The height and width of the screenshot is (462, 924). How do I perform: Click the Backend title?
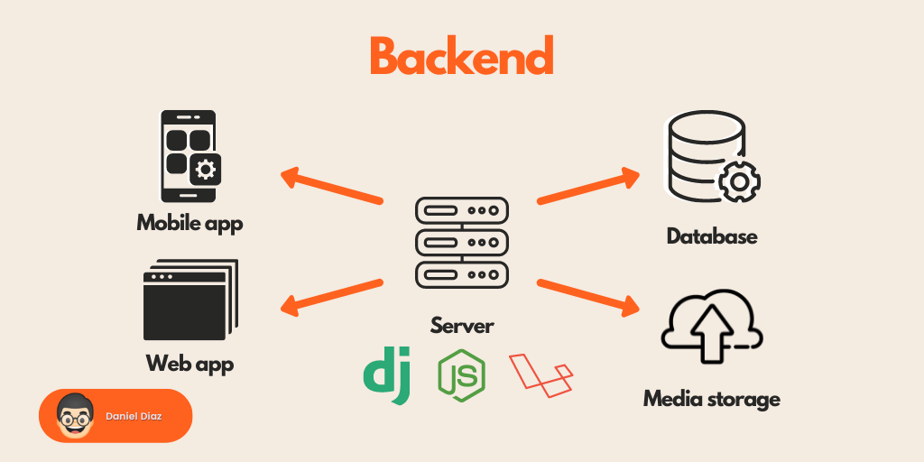[461, 57]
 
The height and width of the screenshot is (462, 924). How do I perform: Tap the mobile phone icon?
[189, 156]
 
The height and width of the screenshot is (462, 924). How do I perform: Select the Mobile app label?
[189, 222]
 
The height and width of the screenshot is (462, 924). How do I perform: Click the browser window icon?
[189, 300]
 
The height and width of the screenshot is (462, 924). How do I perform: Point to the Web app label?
[189, 365]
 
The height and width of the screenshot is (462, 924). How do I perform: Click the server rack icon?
[462, 242]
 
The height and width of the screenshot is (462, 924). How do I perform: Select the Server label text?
[462, 326]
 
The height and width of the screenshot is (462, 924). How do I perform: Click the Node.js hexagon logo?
[461, 374]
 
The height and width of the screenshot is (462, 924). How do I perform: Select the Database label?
[712, 236]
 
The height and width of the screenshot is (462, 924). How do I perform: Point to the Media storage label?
[712, 398]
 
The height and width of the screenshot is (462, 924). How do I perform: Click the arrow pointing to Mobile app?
[331, 187]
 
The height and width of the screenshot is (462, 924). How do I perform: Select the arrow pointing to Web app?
[331, 298]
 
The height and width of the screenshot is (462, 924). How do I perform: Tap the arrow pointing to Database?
[588, 187]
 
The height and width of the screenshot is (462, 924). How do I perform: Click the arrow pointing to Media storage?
[588, 298]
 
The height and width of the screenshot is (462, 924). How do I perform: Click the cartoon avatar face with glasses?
[73, 415]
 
